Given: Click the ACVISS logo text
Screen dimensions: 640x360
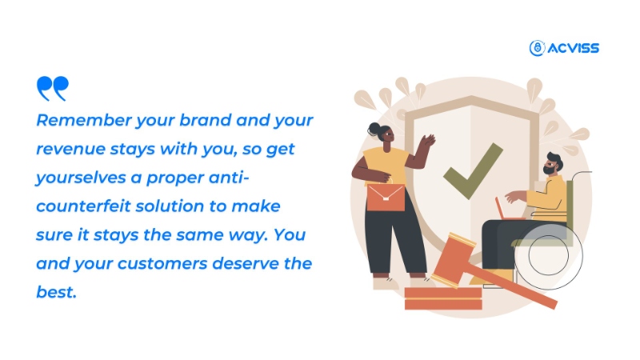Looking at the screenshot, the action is click(574, 48).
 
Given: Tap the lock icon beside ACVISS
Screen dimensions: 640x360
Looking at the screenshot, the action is click(537, 48).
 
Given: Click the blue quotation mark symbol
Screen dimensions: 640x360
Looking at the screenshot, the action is click(53, 88).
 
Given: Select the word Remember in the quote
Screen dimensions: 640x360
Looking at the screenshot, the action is click(84, 121).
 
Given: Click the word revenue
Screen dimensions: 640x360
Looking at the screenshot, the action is click(70, 149).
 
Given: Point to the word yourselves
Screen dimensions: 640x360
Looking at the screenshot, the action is click(81, 178).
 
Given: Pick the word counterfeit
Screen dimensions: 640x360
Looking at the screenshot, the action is click(83, 206).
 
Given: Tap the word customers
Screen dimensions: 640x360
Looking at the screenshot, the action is click(162, 264).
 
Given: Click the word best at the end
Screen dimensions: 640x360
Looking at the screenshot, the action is click(56, 292).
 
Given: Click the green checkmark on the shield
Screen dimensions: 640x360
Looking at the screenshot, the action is click(473, 170).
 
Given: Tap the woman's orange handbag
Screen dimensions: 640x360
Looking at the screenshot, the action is click(386, 197).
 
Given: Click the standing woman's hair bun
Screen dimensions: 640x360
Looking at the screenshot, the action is click(373, 129).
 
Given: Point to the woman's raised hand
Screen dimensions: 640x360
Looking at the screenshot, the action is click(428, 141).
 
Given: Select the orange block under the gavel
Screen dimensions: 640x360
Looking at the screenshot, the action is click(443, 298).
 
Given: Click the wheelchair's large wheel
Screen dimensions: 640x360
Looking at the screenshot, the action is click(548, 255).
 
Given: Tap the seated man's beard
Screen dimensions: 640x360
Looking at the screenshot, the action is click(548, 170).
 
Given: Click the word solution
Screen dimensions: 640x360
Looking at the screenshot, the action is click(169, 206).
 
